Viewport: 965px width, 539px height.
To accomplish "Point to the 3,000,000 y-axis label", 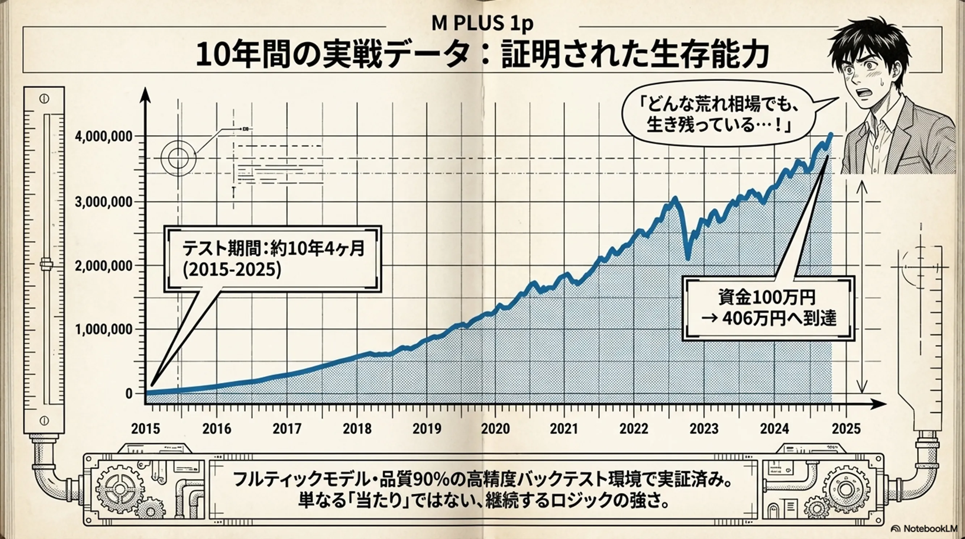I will (104, 202).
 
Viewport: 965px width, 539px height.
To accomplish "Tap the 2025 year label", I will (846, 429).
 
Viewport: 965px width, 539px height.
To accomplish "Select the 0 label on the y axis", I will (129, 394).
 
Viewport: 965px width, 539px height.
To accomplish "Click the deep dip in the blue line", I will (687, 258).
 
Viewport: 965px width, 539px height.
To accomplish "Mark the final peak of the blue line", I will (831, 134).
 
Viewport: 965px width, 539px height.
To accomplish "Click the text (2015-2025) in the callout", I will (232, 270).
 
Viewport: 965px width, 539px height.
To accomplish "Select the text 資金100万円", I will (766, 297).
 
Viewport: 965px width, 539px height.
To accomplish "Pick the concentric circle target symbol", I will (178, 158).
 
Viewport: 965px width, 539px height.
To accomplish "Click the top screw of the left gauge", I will (44, 99).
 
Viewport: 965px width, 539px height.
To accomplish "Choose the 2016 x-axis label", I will (217, 429).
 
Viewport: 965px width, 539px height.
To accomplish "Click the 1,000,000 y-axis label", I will (104, 330).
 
